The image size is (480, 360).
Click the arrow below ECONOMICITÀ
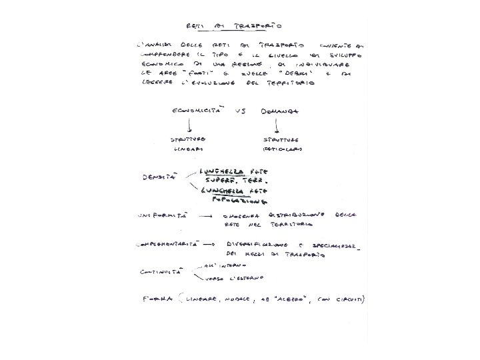click(x=191, y=125)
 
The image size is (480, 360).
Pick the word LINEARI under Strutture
click(x=187, y=149)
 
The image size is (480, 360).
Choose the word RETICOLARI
click(x=281, y=149)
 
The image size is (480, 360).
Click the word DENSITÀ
click(x=159, y=178)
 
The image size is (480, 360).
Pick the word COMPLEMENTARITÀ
click(x=167, y=245)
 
